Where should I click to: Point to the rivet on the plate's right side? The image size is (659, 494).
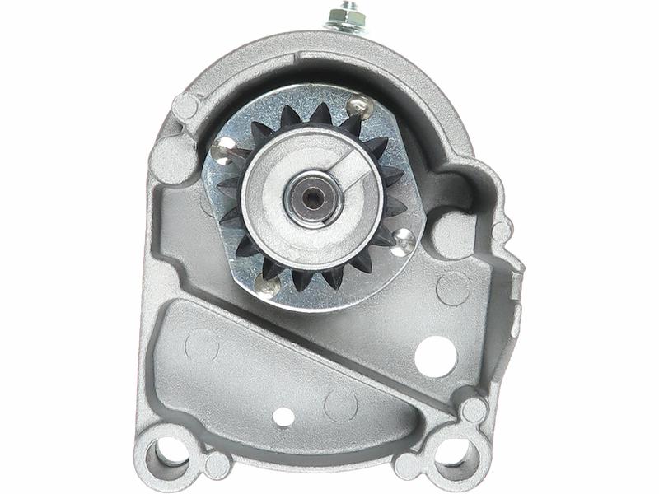tap(404, 240)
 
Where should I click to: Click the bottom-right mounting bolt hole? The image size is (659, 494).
tap(455, 450)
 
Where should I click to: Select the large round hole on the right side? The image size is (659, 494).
tap(436, 356)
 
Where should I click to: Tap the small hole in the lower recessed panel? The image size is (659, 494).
tap(283, 417)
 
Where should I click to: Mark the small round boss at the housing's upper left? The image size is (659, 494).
tap(185, 106)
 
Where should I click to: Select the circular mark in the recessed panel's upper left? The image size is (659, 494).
tap(202, 344)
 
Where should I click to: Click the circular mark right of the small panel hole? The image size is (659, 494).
tap(340, 405)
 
